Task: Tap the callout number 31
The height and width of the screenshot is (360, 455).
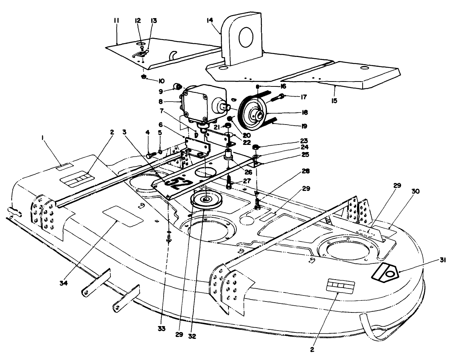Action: point(442,260)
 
